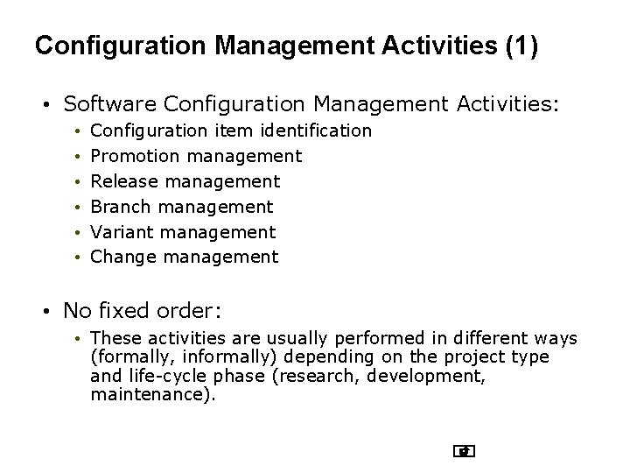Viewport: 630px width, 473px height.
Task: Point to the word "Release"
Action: pos(125,181)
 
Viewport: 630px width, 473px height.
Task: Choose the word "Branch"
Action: pos(122,207)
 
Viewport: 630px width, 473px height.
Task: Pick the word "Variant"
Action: pos(123,232)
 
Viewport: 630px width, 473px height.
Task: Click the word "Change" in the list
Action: pos(124,257)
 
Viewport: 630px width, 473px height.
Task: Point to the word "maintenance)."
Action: pos(153,395)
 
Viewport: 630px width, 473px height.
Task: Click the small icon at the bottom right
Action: pos(465,452)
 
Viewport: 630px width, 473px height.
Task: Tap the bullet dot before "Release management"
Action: pos(78,182)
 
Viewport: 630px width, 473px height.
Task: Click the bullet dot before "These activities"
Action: pos(78,339)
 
